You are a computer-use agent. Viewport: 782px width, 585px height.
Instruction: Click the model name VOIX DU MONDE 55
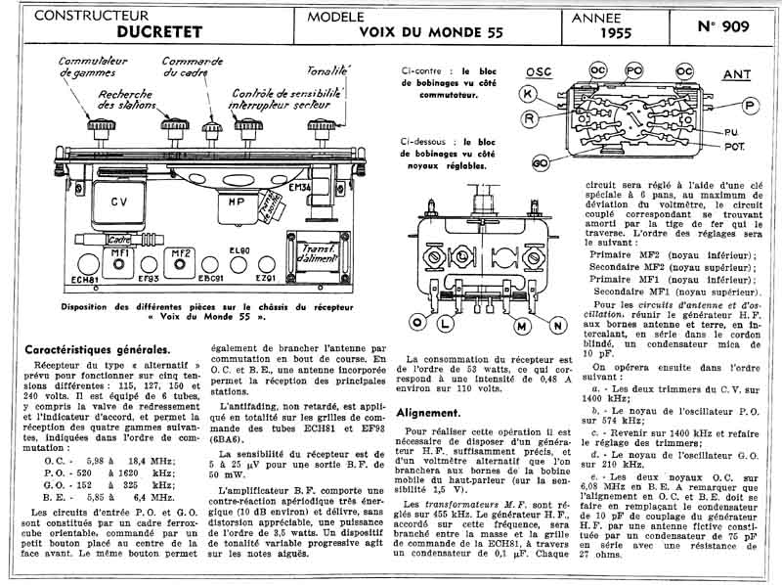[431, 32]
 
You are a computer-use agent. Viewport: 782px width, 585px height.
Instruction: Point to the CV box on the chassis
[119, 202]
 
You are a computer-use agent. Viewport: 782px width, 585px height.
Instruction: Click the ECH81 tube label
[86, 281]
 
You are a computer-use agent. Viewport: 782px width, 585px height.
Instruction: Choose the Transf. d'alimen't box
[303, 252]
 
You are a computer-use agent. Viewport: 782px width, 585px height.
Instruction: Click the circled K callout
[528, 94]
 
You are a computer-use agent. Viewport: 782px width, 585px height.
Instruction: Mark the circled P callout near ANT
[751, 105]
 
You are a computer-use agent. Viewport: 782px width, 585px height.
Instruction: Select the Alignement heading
[428, 413]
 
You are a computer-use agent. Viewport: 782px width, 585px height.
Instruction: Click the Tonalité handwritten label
[327, 70]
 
